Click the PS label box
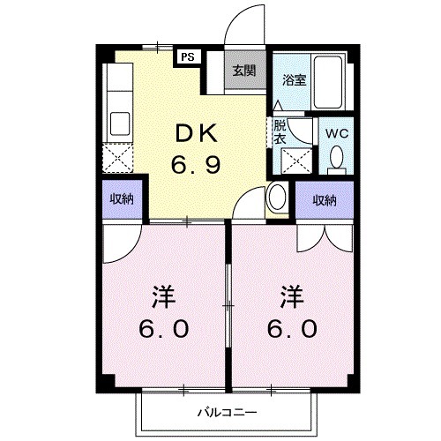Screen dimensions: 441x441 [188, 56]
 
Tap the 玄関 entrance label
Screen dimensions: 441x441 [244, 71]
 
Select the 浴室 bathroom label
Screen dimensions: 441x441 [293, 79]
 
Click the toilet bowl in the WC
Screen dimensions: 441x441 [336, 158]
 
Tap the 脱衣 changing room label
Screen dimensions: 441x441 [280, 131]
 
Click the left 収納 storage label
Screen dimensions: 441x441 [121, 199]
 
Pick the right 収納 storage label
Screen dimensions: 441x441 [324, 200]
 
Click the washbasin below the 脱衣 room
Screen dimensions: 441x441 [277, 196]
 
